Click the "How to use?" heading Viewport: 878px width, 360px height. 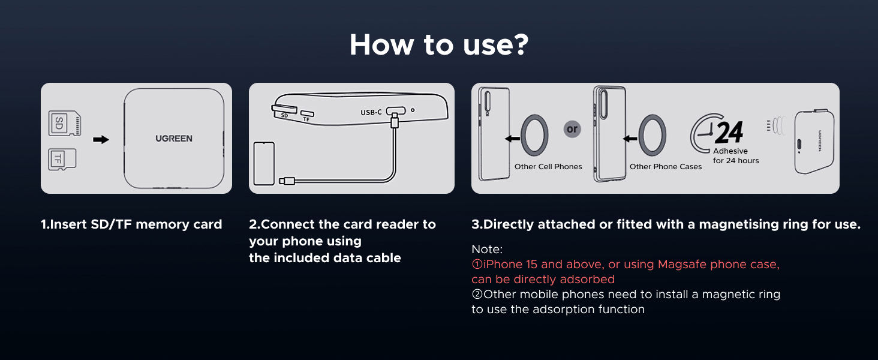click(x=438, y=45)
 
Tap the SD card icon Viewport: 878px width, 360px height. click(x=64, y=124)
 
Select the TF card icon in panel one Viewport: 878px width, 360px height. click(x=62, y=159)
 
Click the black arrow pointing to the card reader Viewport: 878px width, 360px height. click(x=101, y=140)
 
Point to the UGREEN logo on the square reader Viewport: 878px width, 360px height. click(x=174, y=139)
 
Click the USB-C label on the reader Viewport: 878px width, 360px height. click(x=371, y=112)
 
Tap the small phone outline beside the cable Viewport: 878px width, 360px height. click(x=264, y=163)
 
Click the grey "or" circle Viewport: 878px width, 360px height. click(x=572, y=129)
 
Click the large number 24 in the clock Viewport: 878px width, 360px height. click(x=729, y=132)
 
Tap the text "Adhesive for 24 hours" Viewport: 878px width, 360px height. click(x=735, y=156)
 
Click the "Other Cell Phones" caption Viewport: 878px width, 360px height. click(x=548, y=167)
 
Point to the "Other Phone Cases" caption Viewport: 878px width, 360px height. click(x=665, y=167)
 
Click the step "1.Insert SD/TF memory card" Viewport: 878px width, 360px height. click(x=131, y=224)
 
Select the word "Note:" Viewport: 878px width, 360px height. click(x=487, y=249)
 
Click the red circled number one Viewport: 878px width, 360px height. click(x=477, y=265)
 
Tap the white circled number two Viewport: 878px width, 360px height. click(x=477, y=295)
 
